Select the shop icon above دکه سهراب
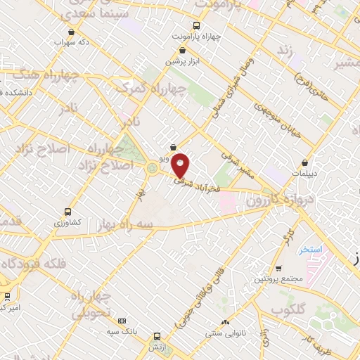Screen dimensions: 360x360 pos(71,32)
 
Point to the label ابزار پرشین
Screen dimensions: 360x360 pos(183,62)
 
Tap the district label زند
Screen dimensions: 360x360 pos(285,51)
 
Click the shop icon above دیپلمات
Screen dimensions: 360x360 pos(304,162)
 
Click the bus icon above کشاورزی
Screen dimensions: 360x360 pos(67,212)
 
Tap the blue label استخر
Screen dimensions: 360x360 pos(309,250)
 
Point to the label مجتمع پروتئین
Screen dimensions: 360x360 pos(279,280)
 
